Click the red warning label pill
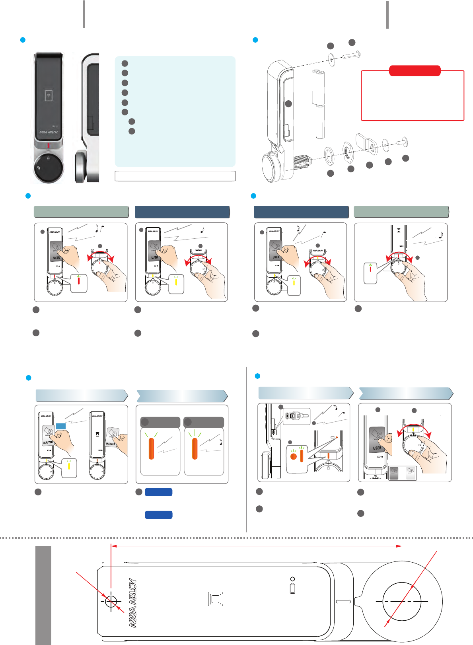coord(415,71)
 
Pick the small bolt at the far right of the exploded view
coord(403,141)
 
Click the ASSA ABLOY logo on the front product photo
coord(49,132)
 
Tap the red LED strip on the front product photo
coord(49,146)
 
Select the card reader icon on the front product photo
coord(49,95)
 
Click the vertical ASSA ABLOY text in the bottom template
coord(133,603)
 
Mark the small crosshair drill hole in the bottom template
coord(111,601)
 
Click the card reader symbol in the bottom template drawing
coord(216,599)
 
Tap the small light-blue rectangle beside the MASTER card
coord(61,426)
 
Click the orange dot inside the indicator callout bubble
coord(294,456)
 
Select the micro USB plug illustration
coord(295,416)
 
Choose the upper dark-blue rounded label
coord(158,492)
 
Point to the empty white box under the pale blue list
coord(175,176)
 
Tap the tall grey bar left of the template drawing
coord(43,595)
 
